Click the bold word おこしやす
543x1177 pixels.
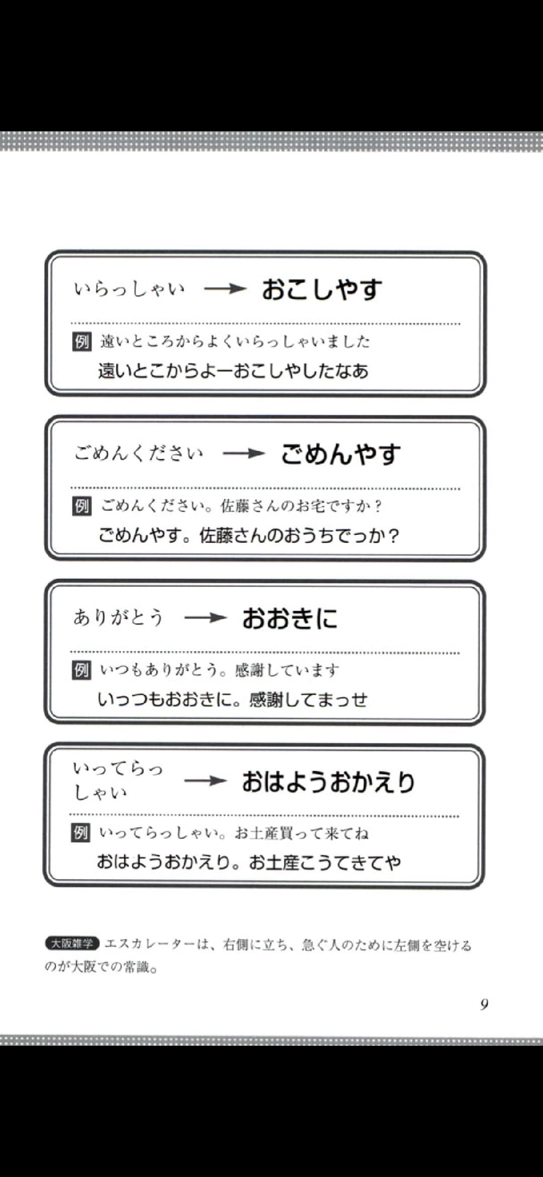click(x=322, y=290)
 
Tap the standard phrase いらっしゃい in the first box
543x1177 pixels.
click(x=130, y=289)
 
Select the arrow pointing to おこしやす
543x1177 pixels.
click(x=225, y=289)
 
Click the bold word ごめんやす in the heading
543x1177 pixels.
click(x=341, y=454)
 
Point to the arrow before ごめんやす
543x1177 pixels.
click(x=244, y=454)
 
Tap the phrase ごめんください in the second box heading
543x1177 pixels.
click(x=139, y=454)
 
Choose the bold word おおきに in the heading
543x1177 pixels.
click(x=290, y=618)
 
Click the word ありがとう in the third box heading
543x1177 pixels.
click(x=119, y=618)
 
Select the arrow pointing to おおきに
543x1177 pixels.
click(x=206, y=618)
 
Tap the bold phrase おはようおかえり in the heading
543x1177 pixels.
click(x=329, y=782)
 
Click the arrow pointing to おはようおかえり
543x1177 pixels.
click(x=206, y=781)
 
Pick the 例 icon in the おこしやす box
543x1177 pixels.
click(x=81, y=342)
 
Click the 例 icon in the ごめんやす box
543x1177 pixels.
click(x=81, y=506)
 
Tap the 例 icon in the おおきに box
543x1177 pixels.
click(x=81, y=670)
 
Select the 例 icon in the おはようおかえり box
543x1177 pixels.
click(x=80, y=833)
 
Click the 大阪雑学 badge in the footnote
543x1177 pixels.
click(x=72, y=944)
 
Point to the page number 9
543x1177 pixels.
click(x=484, y=1004)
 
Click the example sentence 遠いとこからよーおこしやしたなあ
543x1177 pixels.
click(x=233, y=372)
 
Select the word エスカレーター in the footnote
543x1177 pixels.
click(x=150, y=945)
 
